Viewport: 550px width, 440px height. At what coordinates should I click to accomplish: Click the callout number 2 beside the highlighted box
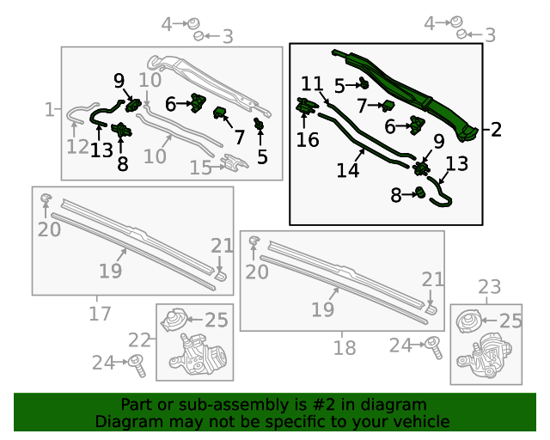(496, 131)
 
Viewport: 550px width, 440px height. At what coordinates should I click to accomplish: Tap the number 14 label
(347, 170)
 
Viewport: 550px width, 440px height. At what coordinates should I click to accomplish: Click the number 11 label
(312, 84)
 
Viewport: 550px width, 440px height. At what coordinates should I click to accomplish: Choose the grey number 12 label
(77, 148)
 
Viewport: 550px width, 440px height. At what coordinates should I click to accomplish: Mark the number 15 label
(201, 168)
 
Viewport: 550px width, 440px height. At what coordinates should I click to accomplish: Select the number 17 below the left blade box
(100, 314)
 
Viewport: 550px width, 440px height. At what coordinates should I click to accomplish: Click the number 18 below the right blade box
(344, 348)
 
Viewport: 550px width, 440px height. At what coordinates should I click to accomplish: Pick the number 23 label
(489, 286)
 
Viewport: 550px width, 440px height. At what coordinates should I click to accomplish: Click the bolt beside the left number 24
(136, 365)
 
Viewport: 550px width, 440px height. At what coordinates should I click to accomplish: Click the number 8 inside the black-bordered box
(395, 196)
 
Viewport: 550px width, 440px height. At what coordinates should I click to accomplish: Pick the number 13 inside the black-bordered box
(457, 164)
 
